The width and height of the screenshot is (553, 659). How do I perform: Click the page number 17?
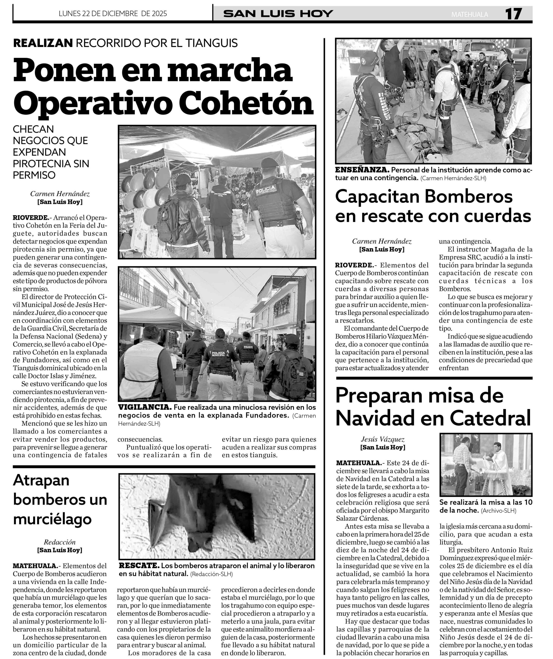(x=513, y=14)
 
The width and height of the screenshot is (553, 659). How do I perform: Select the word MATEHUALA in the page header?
(x=470, y=15)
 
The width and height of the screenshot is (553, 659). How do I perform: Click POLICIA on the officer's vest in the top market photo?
(x=265, y=189)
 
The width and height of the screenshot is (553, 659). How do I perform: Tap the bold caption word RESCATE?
(x=139, y=566)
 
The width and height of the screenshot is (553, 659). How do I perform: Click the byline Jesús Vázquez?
(x=382, y=439)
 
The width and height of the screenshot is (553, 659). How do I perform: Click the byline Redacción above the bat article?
(x=60, y=542)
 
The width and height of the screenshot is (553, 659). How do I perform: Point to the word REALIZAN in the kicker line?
(x=43, y=43)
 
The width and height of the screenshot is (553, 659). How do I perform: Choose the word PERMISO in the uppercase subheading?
(x=34, y=175)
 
